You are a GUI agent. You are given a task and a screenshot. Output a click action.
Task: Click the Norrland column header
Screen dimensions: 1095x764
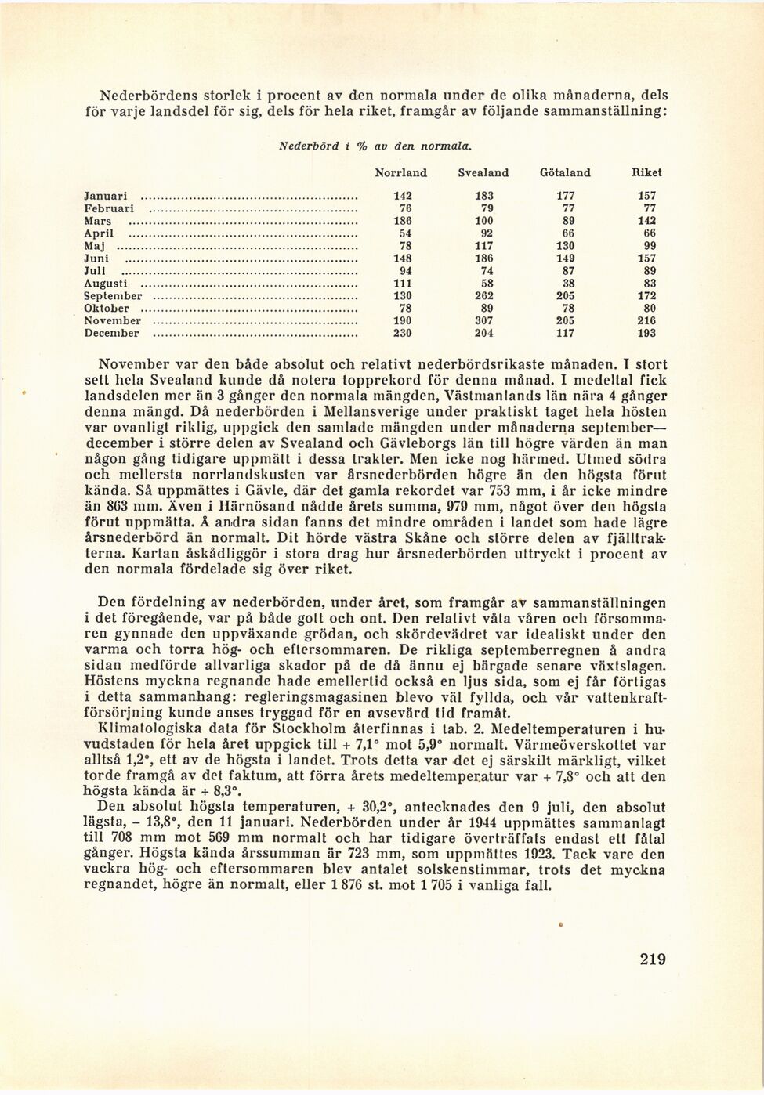coord(401,172)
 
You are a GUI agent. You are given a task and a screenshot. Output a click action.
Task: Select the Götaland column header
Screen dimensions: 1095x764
coord(565,172)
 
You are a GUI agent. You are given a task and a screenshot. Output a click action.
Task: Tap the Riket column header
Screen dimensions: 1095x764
coord(646,172)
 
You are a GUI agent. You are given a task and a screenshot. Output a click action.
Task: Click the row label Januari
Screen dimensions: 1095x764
coord(106,196)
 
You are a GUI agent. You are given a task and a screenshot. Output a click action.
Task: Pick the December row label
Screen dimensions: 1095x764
coord(111,334)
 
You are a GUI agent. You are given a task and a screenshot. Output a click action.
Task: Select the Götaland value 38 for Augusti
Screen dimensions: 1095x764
coord(565,284)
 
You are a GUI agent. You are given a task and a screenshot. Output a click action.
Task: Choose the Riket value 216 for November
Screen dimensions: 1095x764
coord(646,320)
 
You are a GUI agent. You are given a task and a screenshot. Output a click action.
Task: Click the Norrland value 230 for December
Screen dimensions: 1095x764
coord(403,334)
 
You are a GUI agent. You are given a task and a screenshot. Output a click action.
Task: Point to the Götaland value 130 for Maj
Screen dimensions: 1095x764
coord(565,246)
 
